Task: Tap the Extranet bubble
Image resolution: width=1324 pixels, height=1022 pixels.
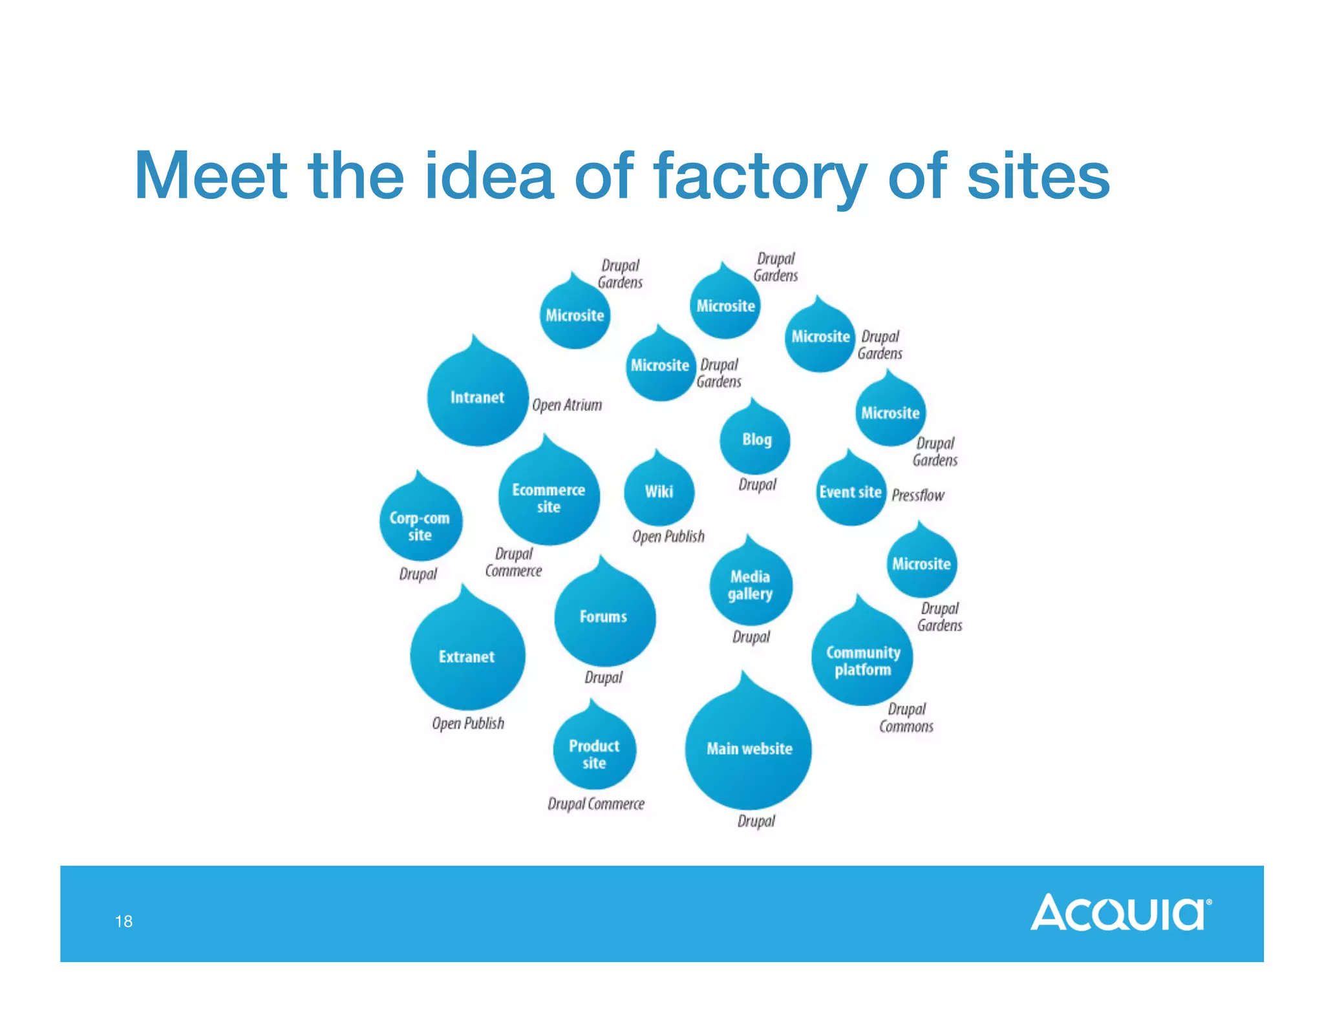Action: [467, 656]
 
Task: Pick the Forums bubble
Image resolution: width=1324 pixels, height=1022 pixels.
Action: [604, 616]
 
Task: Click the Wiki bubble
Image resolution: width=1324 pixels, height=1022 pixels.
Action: [659, 492]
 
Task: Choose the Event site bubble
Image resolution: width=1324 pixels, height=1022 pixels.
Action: [850, 492]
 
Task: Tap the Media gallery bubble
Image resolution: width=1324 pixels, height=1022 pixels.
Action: [750, 585]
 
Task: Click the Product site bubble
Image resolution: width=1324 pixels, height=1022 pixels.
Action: [594, 753]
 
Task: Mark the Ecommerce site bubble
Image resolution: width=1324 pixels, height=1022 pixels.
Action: [548, 497]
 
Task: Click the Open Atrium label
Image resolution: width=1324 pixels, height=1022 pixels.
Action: [567, 405]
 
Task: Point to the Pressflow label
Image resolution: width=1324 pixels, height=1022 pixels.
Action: [917, 495]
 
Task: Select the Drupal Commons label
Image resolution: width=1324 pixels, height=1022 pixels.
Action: [906, 718]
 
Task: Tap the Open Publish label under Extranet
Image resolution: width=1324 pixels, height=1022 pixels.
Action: [468, 723]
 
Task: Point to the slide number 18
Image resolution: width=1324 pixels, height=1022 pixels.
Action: [123, 921]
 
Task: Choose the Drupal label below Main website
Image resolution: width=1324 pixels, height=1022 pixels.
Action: [756, 821]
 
